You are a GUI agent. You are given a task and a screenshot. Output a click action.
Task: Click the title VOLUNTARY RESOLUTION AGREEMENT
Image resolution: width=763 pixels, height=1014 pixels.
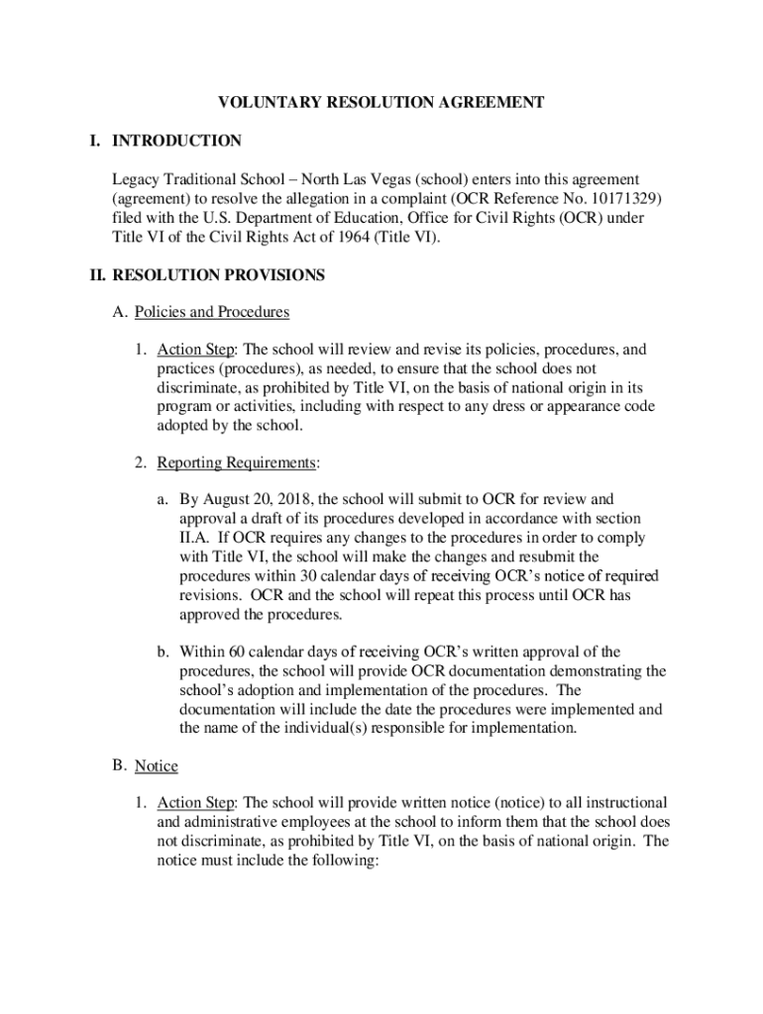(381, 102)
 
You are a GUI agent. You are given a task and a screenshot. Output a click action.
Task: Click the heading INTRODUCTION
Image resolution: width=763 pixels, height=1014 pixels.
(176, 141)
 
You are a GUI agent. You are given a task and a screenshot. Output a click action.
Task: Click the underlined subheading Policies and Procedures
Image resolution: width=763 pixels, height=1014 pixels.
(212, 312)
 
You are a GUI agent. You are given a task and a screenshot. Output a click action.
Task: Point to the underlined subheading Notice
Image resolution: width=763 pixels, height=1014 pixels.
(157, 765)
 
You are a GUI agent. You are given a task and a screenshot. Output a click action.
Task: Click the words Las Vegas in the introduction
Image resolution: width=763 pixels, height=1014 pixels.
(378, 179)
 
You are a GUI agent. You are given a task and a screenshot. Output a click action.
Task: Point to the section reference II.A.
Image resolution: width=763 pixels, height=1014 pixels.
(195, 538)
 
